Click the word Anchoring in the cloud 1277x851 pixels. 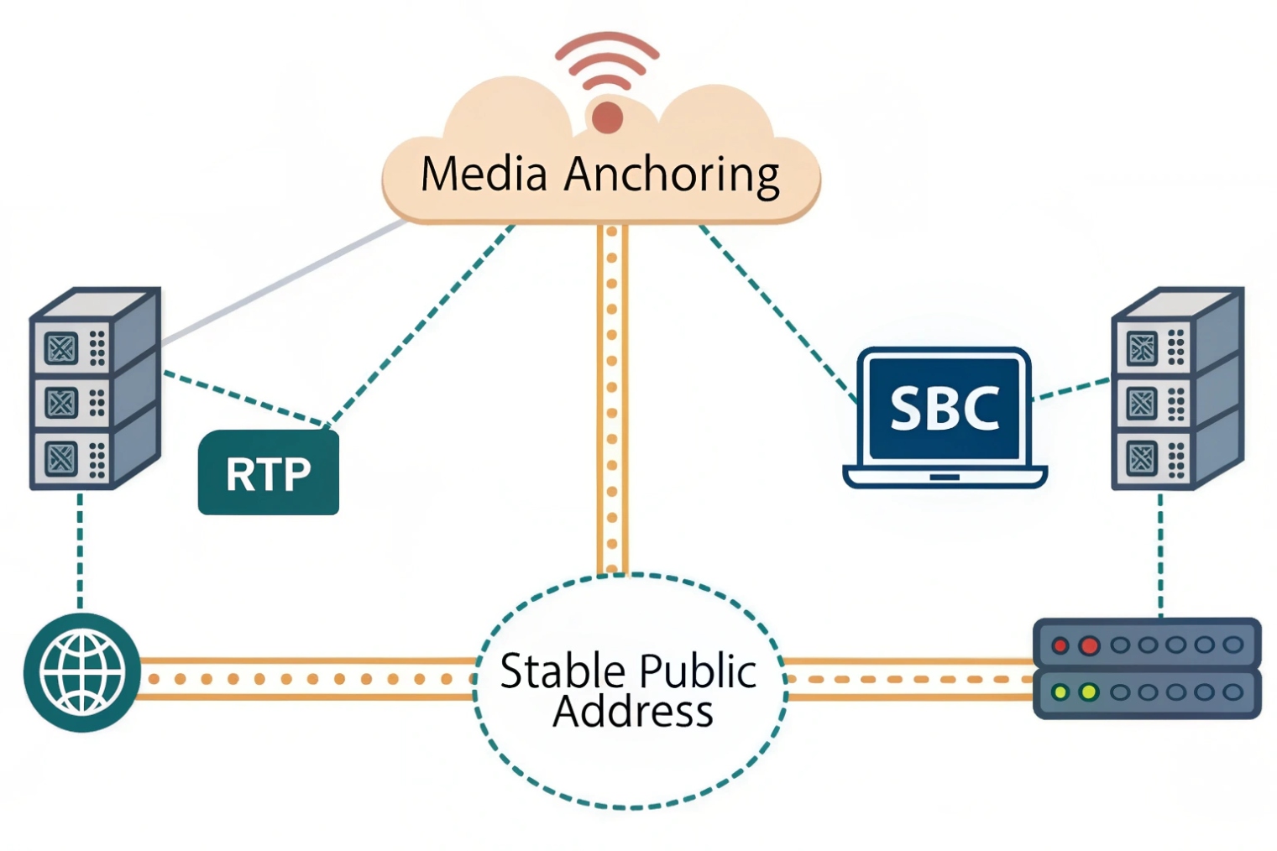tap(671, 175)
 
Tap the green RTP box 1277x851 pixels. tap(268, 473)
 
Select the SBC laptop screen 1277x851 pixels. tap(944, 408)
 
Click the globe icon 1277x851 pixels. tap(82, 672)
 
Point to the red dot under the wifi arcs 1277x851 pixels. tap(606, 117)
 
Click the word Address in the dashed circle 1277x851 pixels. tap(632, 712)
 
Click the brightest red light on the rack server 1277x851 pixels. tap(1089, 645)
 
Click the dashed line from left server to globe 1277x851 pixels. tap(80, 550)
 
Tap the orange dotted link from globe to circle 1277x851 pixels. tap(306, 678)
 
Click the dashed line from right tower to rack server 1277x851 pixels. tap(1160, 554)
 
